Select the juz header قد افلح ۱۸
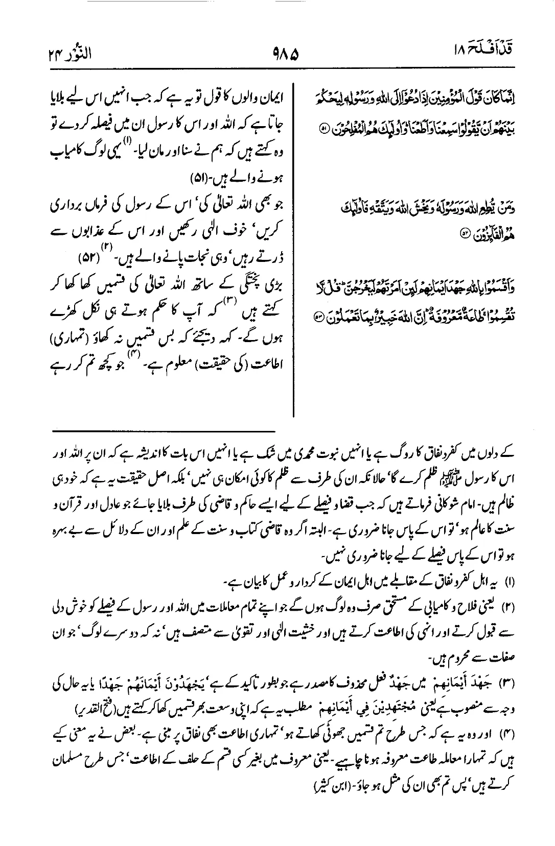click(483, 51)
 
